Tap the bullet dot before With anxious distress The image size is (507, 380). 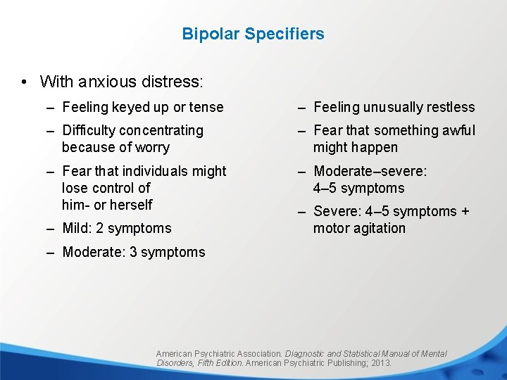pos(25,82)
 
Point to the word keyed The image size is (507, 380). pos(130,108)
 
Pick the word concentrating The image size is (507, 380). pos(160,130)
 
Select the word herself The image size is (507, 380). pos(129,205)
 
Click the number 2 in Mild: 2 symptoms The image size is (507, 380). pos(99,228)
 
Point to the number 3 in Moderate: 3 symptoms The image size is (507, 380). pos(133,252)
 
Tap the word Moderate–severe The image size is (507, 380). pos(370,171)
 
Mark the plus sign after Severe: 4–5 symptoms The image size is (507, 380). pos(465,212)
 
